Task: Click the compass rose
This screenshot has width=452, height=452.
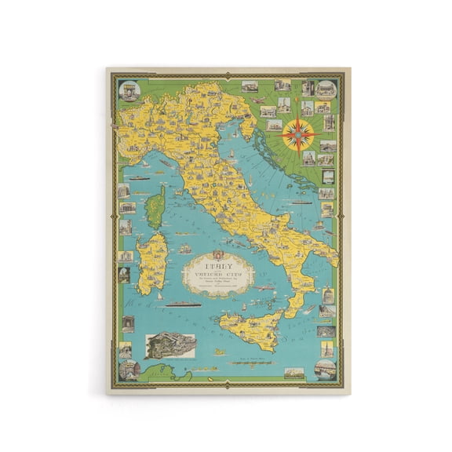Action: [298, 135]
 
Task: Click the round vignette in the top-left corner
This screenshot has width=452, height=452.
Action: [129, 90]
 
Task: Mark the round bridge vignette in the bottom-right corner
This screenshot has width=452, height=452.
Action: [326, 369]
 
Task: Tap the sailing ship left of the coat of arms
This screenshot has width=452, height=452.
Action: [186, 249]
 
